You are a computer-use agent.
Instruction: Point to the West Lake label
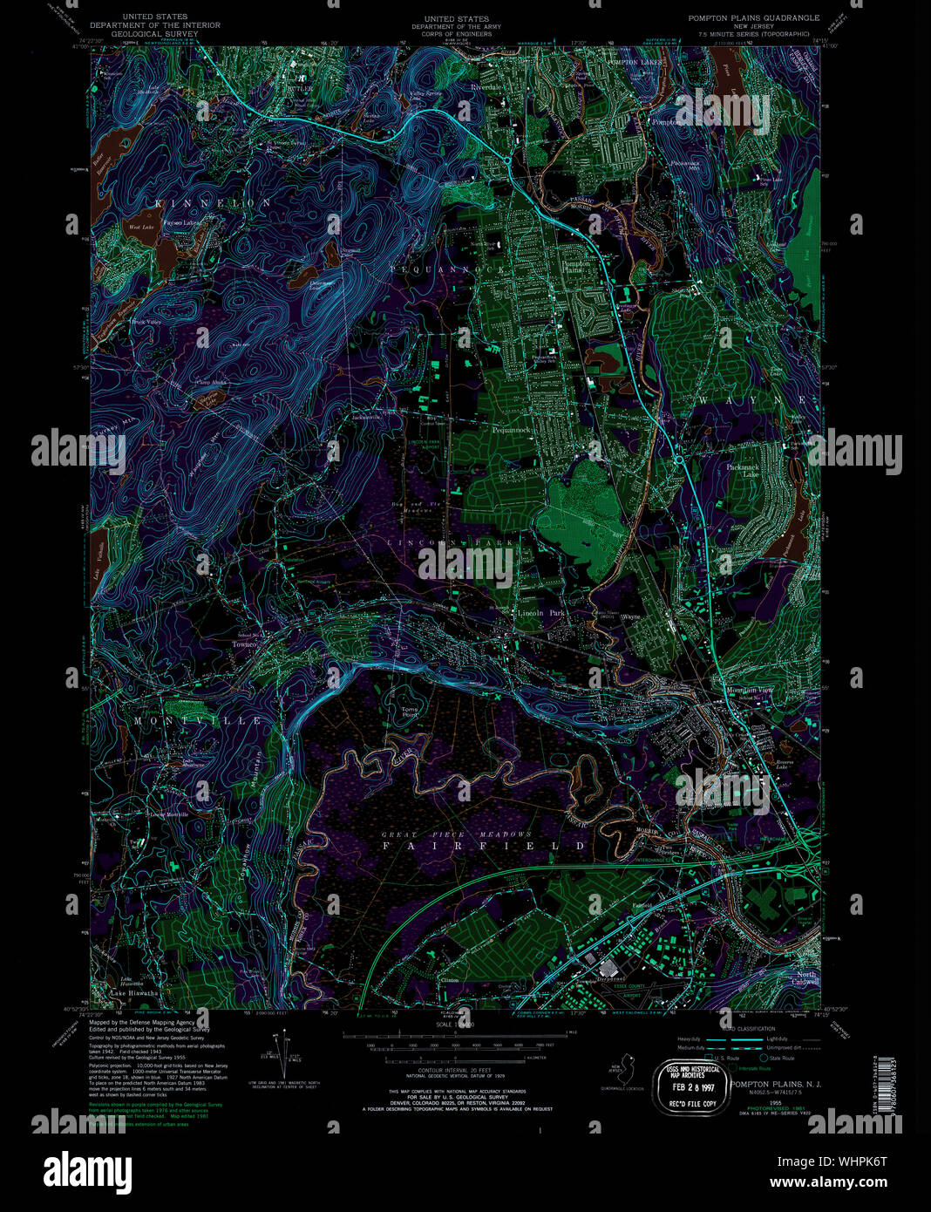(x=141, y=227)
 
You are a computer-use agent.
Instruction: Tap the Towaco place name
(x=245, y=644)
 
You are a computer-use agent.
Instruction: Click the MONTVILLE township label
(x=197, y=721)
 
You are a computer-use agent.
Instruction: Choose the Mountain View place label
(x=751, y=691)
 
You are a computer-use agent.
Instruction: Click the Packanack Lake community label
(x=763, y=470)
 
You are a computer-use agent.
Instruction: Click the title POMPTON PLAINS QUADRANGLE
(x=753, y=17)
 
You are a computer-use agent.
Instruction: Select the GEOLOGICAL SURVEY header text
(x=154, y=35)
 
